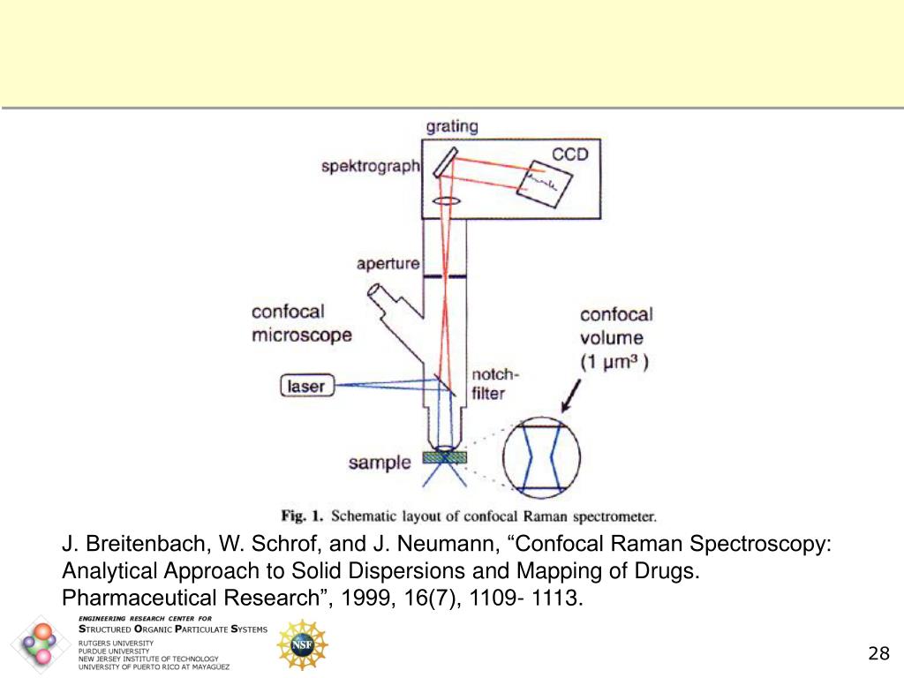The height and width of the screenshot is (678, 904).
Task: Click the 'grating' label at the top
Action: point(452,126)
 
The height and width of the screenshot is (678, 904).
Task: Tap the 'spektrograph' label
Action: point(370,166)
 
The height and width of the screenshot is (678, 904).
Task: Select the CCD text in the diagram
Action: point(569,155)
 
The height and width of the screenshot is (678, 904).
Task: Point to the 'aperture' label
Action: point(388,264)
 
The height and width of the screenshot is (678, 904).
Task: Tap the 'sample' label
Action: point(380,463)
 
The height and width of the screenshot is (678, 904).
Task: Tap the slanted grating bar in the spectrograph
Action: point(445,162)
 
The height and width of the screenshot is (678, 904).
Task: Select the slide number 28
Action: point(878,654)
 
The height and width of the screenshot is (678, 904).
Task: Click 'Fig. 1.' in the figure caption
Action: point(303,515)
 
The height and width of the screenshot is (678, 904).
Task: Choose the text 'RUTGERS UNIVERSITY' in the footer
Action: point(116,644)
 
